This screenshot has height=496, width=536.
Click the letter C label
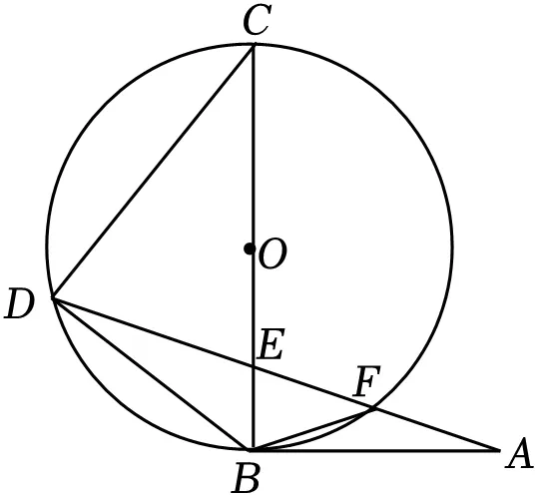(x=258, y=21)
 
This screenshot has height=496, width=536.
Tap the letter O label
(x=272, y=252)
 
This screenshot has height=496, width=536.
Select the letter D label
(x=20, y=303)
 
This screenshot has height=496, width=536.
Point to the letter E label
(x=270, y=344)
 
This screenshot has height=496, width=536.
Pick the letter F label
(x=367, y=381)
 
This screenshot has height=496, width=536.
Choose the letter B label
(x=246, y=478)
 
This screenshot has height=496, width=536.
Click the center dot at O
(x=250, y=248)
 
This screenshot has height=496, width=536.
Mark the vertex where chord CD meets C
(x=254, y=45)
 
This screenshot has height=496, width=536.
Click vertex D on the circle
(x=53, y=298)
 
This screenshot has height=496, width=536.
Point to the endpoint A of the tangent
(x=499, y=451)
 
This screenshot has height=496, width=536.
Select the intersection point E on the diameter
(x=254, y=367)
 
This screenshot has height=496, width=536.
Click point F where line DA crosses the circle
(x=373, y=408)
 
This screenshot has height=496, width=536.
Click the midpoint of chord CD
(x=153, y=172)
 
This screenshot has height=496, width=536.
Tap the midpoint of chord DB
(x=153, y=373)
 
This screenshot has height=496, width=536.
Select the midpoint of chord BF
(x=313, y=429)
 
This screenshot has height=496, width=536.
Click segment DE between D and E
(x=153, y=332)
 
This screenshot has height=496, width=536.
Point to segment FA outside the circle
(x=436, y=429)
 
